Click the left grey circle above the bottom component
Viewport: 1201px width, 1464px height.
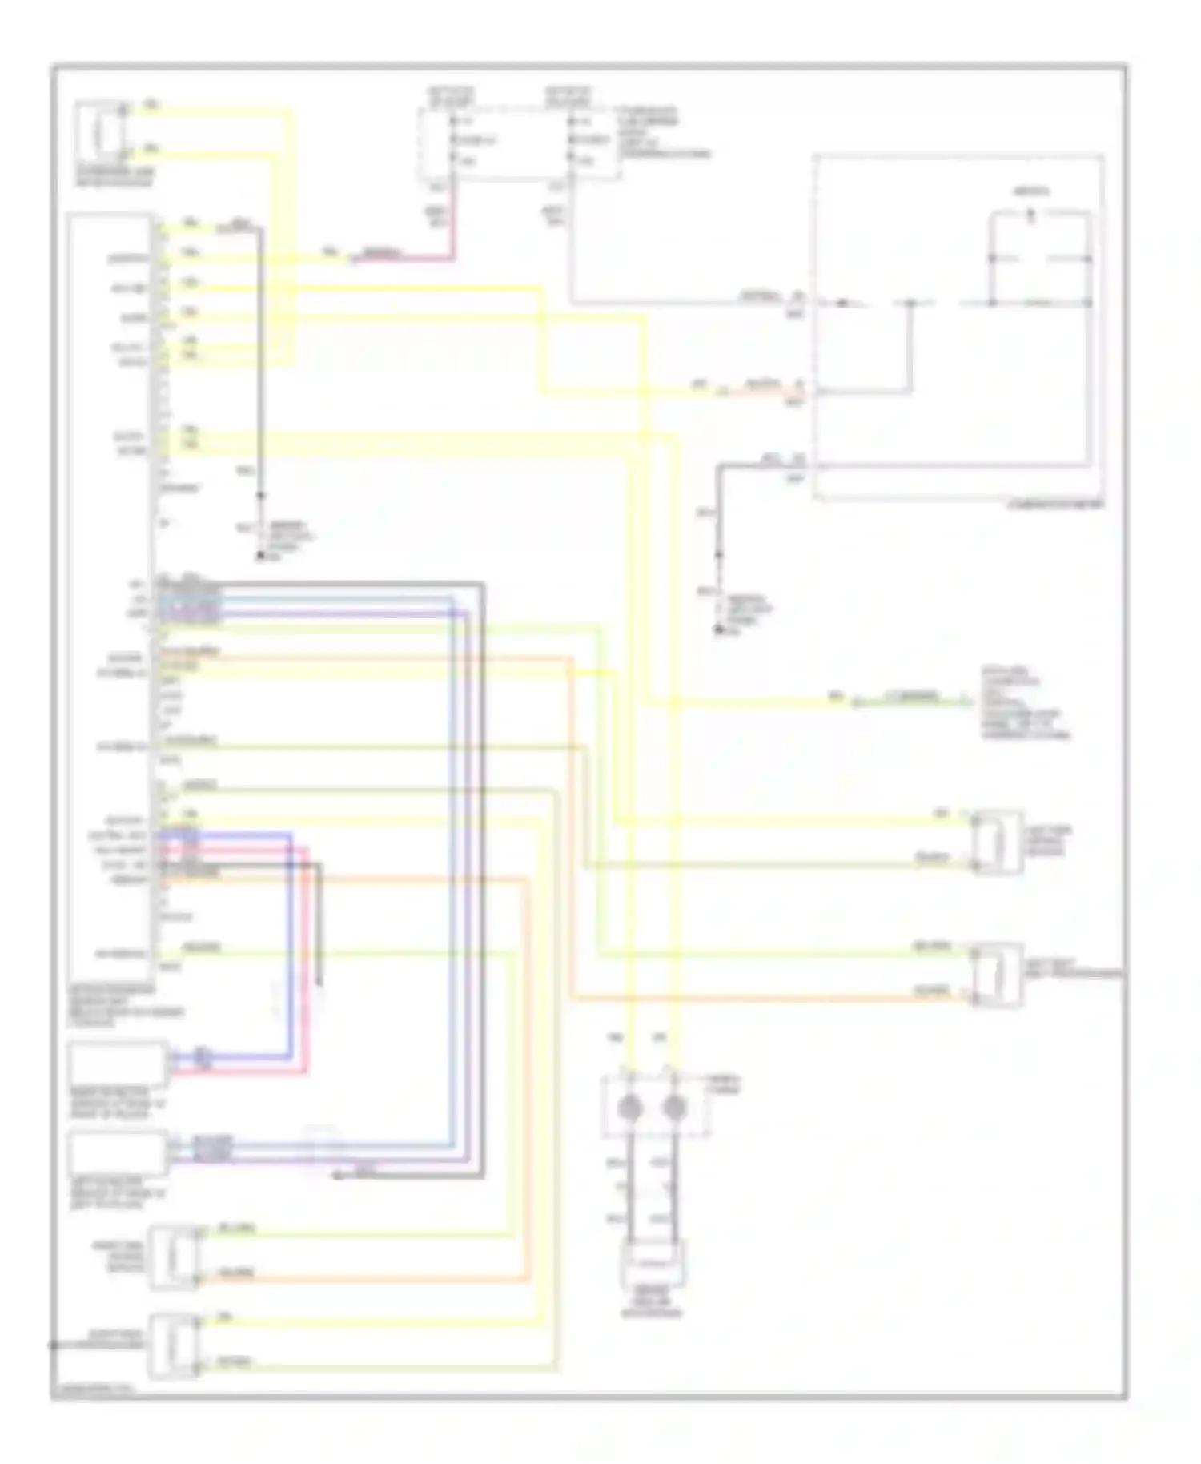tap(630, 1108)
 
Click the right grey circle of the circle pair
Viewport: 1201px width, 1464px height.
tap(675, 1108)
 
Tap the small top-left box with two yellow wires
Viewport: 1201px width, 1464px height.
tap(101, 131)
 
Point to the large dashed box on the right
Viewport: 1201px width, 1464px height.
tap(958, 328)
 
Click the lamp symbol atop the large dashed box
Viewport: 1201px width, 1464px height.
tap(1031, 214)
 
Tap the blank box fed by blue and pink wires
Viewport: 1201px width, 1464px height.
tap(118, 1064)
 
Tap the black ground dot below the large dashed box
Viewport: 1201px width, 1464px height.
tap(719, 631)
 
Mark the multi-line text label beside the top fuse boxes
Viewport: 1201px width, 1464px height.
tap(661, 132)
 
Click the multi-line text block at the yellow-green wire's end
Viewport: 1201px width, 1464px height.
tap(1025, 703)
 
